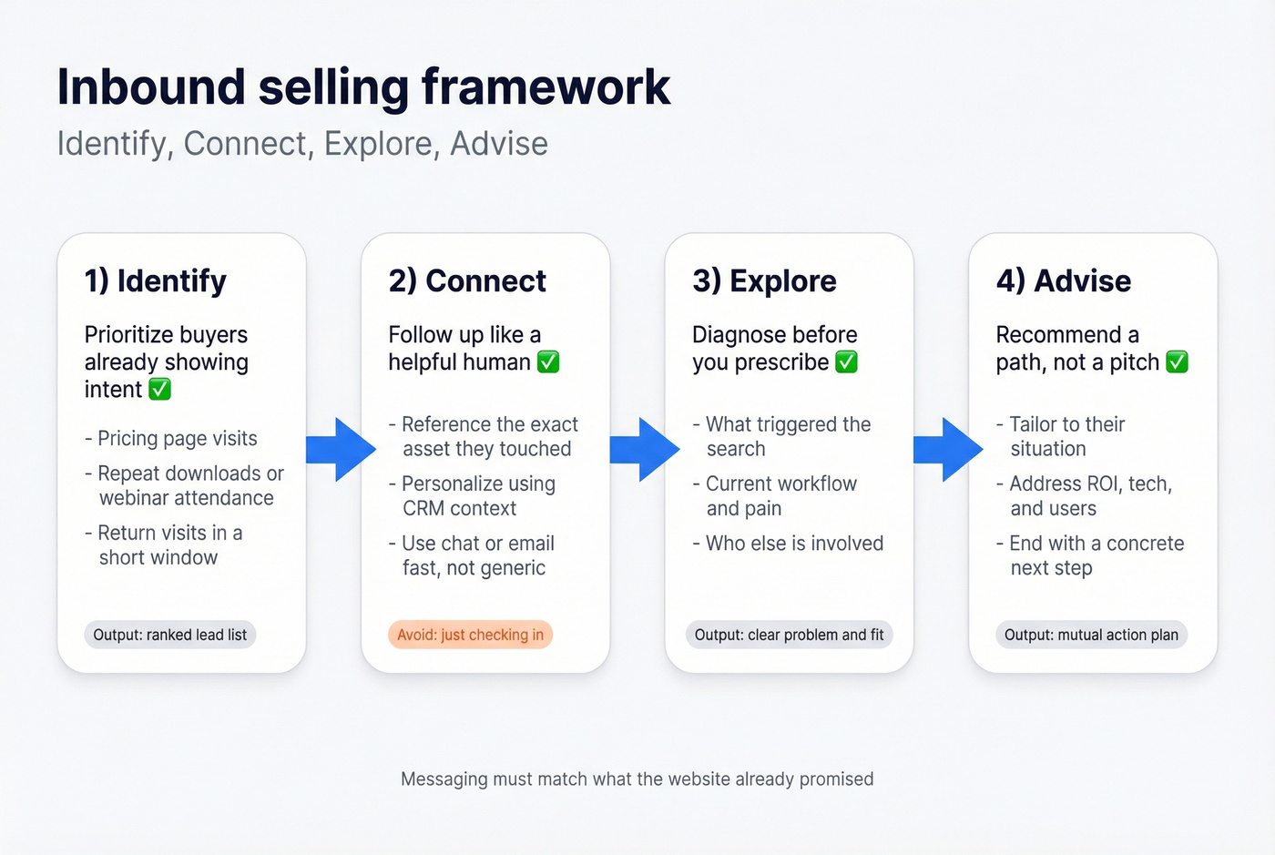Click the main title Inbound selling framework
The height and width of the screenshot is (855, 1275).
pyautogui.click(x=363, y=87)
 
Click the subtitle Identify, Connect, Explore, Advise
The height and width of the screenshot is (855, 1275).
pyautogui.click(x=302, y=144)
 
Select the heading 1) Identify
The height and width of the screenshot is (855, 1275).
pyautogui.click(x=156, y=280)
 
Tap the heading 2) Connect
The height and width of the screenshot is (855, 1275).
pyautogui.click(x=467, y=280)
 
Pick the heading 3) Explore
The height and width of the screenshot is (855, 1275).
pyautogui.click(x=764, y=280)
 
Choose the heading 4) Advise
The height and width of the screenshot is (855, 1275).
pyautogui.click(x=1064, y=280)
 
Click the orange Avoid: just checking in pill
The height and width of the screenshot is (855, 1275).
pyautogui.click(x=470, y=635)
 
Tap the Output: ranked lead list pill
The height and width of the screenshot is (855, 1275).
pyautogui.click(x=170, y=635)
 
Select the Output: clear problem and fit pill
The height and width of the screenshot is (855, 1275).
pyautogui.click(x=789, y=635)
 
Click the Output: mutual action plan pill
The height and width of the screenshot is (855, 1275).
pyautogui.click(x=1091, y=635)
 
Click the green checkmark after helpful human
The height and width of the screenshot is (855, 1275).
pyautogui.click(x=548, y=362)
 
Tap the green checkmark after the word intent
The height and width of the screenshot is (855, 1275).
pyautogui.click(x=159, y=390)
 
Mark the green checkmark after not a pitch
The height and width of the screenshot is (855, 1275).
pyautogui.click(x=1177, y=362)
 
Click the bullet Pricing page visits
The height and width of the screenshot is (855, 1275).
pyautogui.click(x=177, y=439)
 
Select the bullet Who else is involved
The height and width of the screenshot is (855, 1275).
pyautogui.click(x=793, y=544)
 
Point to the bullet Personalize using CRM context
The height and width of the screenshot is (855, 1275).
pyautogui.click(x=477, y=496)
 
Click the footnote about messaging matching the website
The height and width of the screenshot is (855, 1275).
pyautogui.click(x=637, y=779)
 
